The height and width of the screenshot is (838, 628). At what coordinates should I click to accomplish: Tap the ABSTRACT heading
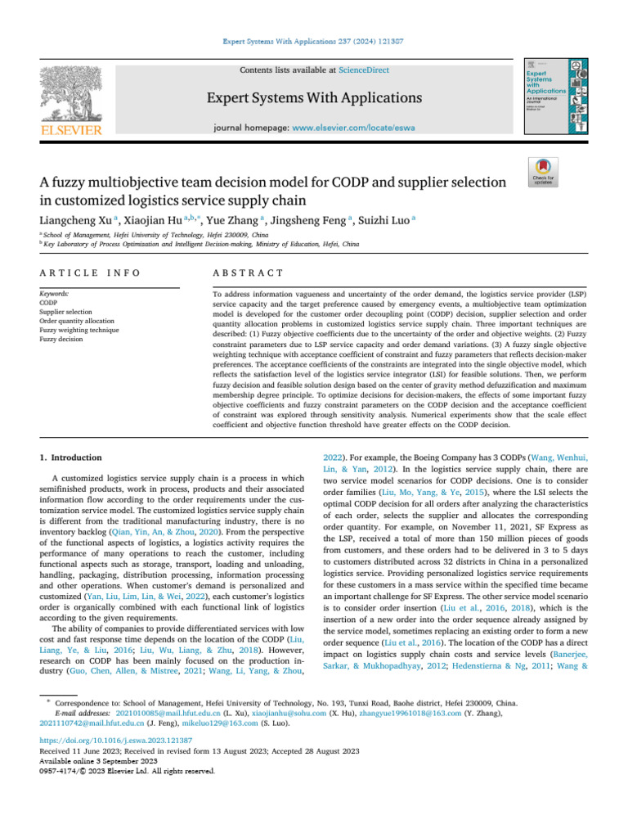(248, 273)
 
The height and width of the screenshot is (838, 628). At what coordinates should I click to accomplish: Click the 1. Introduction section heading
(71, 457)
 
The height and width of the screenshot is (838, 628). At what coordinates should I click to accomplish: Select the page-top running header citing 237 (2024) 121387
(314, 40)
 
